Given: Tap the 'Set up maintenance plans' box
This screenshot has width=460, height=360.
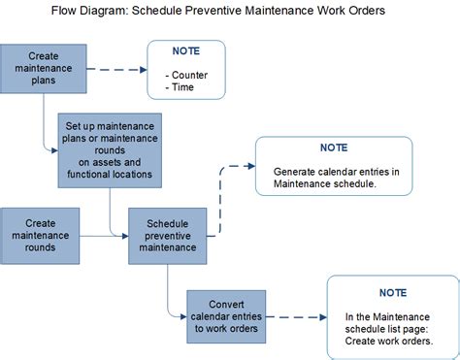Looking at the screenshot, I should tap(110, 150).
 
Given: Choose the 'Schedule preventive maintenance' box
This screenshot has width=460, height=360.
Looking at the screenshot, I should tap(167, 234).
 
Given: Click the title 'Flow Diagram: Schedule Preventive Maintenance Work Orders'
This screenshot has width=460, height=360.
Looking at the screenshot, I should tap(219, 11).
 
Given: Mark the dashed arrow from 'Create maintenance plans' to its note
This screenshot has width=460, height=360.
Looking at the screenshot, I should tap(114, 70).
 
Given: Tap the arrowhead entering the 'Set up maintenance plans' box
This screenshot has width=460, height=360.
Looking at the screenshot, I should tap(53, 148).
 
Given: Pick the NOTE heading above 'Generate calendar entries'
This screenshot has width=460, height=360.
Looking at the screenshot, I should tap(334, 148).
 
